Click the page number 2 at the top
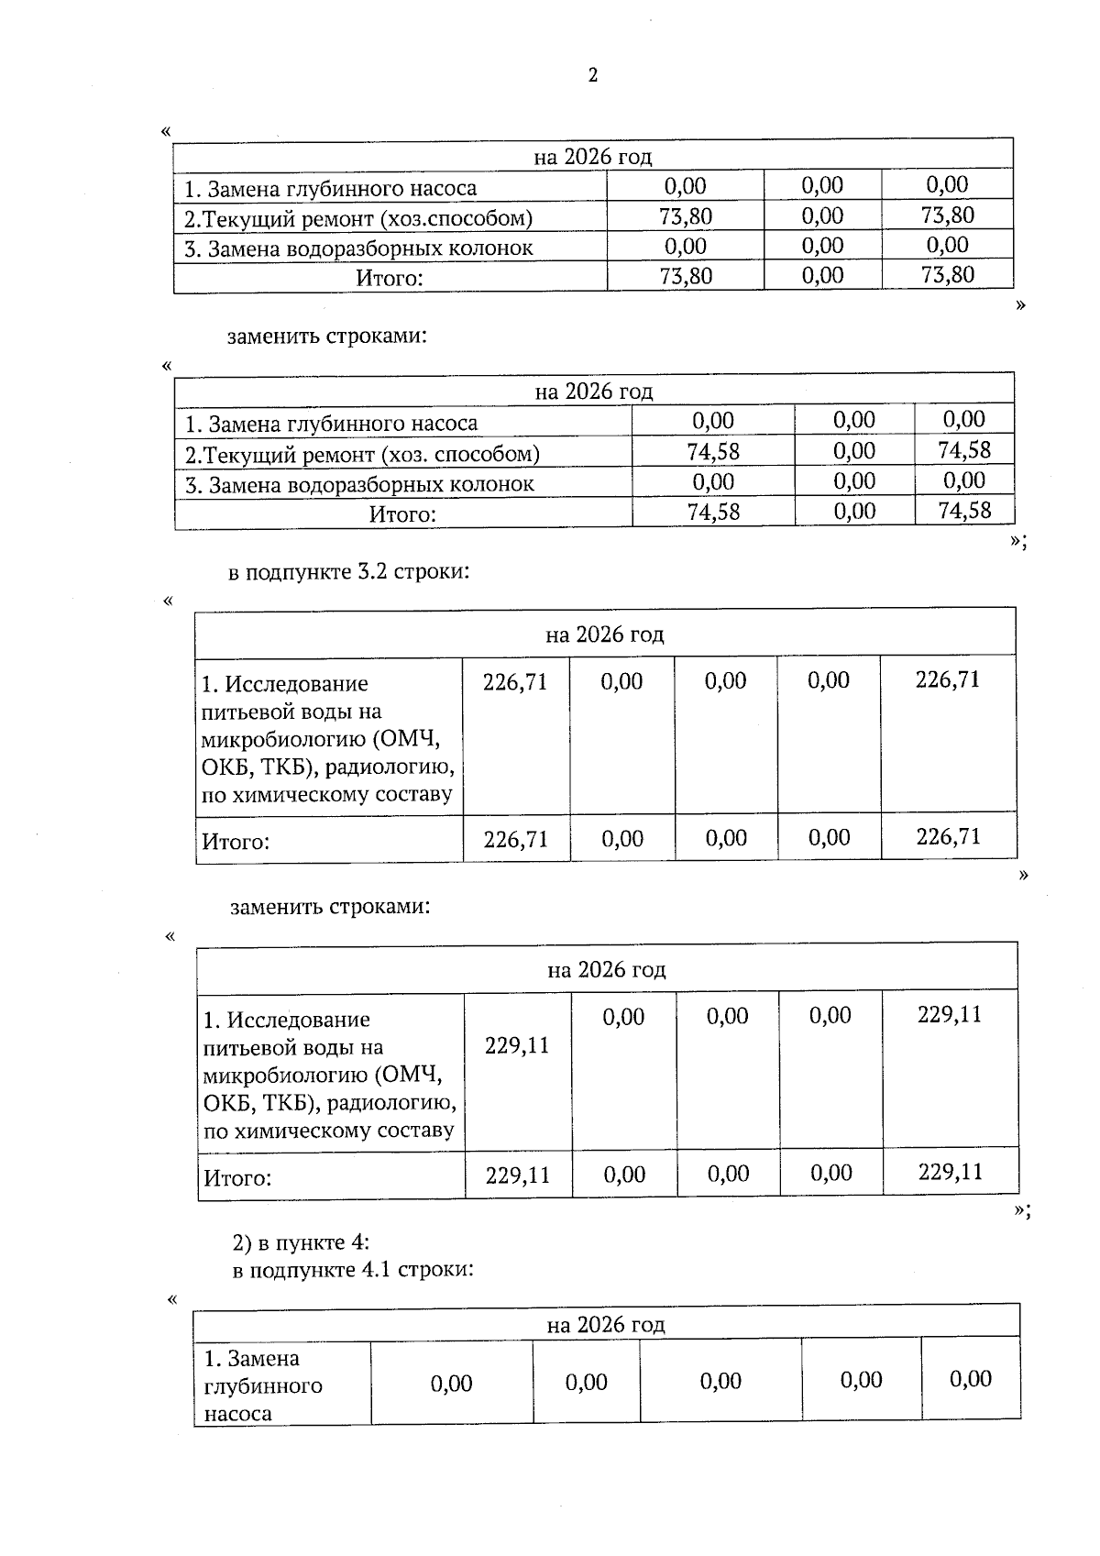(x=592, y=75)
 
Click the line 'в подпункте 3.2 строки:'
(x=348, y=572)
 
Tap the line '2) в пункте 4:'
(x=301, y=1242)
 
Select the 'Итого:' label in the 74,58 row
(x=402, y=514)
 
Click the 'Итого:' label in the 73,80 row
(x=390, y=278)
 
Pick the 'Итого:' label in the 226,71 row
(x=236, y=841)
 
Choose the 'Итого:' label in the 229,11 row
(x=237, y=1177)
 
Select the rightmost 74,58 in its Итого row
(x=964, y=511)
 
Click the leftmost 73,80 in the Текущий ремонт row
(x=685, y=216)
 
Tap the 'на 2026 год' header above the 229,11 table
(x=606, y=969)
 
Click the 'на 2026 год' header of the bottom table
(x=605, y=1324)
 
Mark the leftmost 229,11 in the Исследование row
(x=517, y=1045)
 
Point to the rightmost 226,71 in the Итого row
(x=948, y=836)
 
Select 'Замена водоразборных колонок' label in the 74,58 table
(x=359, y=484)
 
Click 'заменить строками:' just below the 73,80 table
(x=327, y=336)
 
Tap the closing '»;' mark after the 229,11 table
(x=1022, y=1210)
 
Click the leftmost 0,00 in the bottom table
(x=451, y=1384)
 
